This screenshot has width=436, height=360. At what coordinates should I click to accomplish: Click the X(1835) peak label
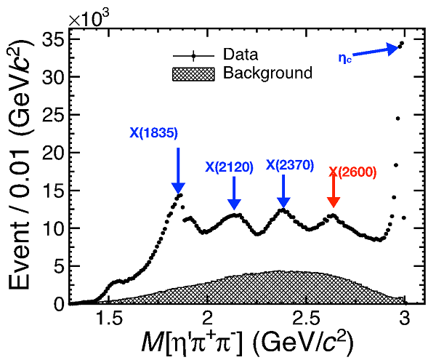coord(153,133)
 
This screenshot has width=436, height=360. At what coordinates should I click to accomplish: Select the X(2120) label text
coord(229,167)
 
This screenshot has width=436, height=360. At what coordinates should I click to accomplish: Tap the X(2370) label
coord(289,165)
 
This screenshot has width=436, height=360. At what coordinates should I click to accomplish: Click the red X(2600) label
coord(352,172)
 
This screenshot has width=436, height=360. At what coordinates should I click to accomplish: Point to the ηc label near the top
coord(346,57)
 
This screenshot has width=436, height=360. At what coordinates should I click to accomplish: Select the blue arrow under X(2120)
coord(233,194)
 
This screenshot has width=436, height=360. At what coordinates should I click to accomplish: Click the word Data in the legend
coord(241,54)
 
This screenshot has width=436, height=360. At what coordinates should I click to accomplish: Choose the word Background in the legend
coord(267,73)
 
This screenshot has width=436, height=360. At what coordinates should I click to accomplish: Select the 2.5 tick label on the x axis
coord(306,318)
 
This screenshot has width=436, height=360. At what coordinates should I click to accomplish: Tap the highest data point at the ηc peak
coord(401,43)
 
